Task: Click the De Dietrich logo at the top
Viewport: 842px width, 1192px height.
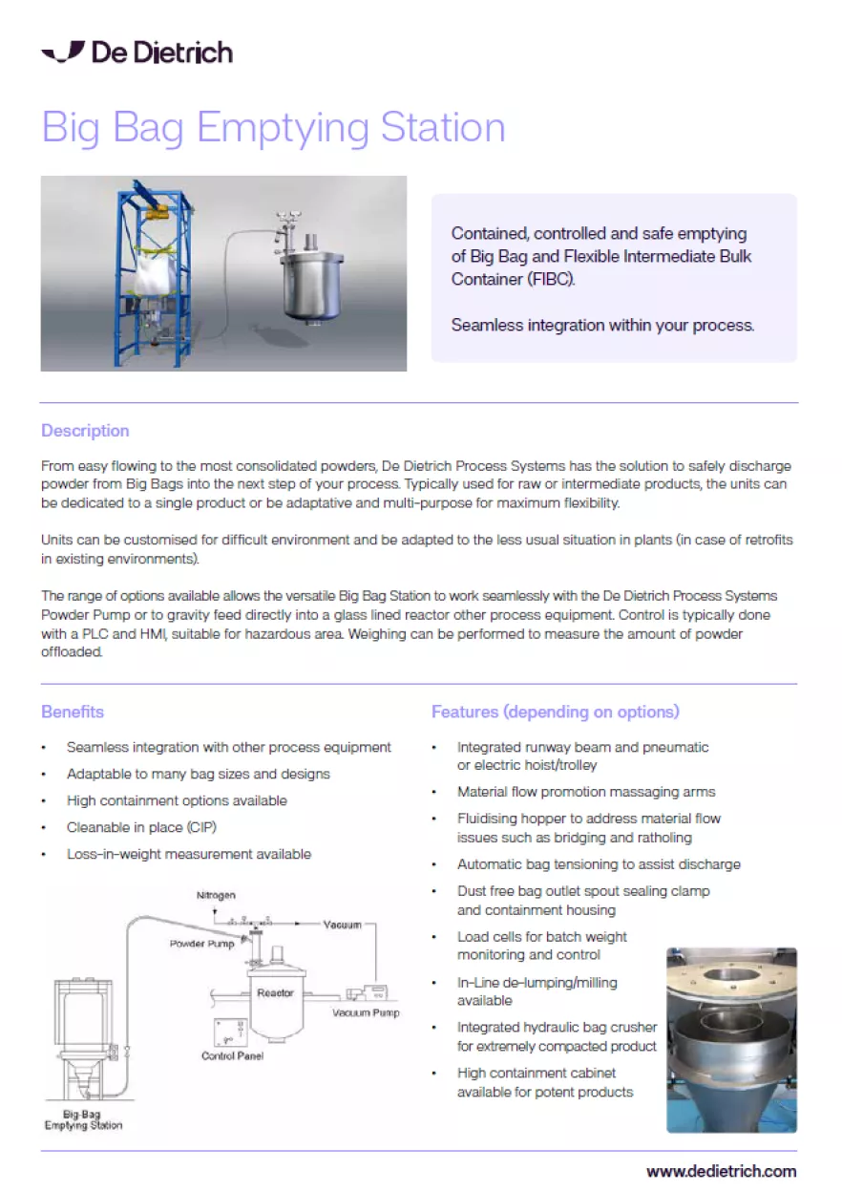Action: coord(137,53)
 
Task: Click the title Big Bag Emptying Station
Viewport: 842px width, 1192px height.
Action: coord(273,128)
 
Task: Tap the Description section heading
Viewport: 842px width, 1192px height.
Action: coord(85,431)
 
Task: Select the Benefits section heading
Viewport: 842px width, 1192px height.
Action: coord(73,712)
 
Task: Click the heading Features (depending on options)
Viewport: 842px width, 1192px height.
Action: coord(556,712)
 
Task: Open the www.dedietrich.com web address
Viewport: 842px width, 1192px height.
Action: coord(722,1171)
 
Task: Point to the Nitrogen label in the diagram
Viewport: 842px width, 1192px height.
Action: coord(216,895)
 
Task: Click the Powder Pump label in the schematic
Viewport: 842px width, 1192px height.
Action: coord(201,944)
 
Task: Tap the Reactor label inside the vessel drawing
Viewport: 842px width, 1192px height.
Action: coord(275,992)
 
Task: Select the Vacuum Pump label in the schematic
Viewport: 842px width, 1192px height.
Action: coord(366,1012)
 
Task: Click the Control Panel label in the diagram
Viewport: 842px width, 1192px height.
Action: coord(232,1055)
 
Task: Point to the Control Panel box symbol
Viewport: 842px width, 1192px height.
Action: coord(230,1032)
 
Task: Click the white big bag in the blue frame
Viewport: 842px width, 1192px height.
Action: coord(155,274)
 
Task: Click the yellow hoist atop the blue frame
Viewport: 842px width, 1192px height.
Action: coord(157,214)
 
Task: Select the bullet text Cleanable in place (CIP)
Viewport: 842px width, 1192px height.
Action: coord(141,827)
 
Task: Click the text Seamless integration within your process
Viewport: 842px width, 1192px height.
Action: coord(602,325)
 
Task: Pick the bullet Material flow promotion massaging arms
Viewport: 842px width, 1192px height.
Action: coord(586,792)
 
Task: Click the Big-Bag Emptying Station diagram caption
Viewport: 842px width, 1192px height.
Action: coord(83,1119)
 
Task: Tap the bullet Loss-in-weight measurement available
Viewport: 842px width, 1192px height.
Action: coord(189,854)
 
